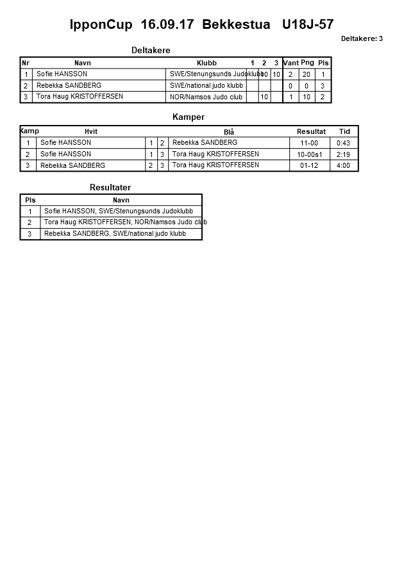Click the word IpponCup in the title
click(101, 25)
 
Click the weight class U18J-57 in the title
click(308, 25)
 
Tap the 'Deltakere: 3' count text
click(362, 39)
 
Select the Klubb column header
click(206, 63)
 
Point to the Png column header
click(307, 63)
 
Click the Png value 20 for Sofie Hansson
click(307, 74)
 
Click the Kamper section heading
click(189, 117)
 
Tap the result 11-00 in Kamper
click(309, 143)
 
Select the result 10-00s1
click(309, 154)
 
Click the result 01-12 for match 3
click(309, 165)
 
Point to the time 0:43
click(343, 143)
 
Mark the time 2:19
click(343, 154)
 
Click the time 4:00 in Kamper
click(343, 165)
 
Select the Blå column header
click(229, 132)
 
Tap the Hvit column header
click(91, 131)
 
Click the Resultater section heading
click(110, 187)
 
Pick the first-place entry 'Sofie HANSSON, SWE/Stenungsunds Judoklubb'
click(119, 211)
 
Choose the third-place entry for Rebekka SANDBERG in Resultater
click(115, 234)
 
